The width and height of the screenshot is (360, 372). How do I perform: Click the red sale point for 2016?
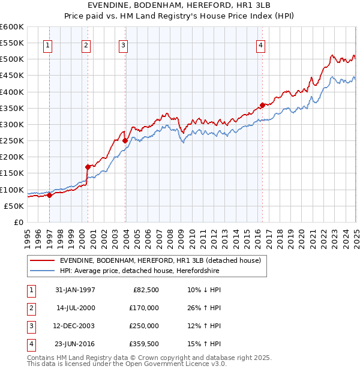click(x=262, y=105)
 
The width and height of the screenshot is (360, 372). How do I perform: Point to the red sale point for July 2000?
click(x=88, y=167)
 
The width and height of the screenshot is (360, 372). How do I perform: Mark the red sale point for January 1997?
click(x=50, y=195)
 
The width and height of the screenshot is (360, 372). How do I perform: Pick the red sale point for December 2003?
click(x=125, y=140)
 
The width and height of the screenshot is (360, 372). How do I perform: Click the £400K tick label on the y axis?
click(x=13, y=92)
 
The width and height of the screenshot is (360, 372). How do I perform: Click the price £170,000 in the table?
click(x=144, y=308)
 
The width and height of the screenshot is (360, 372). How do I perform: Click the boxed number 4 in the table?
click(x=31, y=344)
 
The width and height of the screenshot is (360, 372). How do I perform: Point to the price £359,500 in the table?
click(x=144, y=344)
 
